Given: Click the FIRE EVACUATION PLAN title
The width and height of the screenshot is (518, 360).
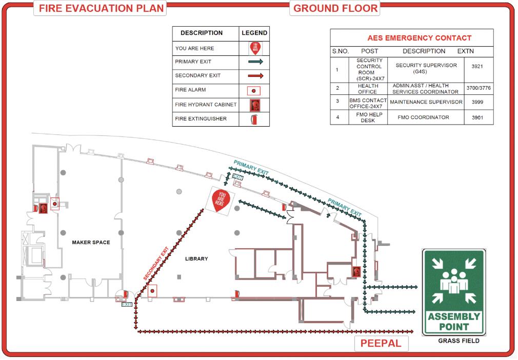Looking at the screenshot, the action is pos(102,8).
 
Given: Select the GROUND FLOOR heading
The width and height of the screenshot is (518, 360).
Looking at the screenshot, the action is pos(335,8).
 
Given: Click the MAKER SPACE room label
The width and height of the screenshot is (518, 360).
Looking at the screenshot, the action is pos(91,243).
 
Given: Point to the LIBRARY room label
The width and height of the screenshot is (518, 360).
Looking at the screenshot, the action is pos(196,259).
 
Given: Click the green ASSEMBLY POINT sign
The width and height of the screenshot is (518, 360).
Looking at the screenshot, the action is pos(453,292).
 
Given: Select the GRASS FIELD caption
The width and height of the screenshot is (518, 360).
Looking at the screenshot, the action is pos(459,341).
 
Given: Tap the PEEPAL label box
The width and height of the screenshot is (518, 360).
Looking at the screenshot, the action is pos(381,343).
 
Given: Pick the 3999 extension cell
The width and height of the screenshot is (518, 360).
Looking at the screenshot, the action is pos(479,102).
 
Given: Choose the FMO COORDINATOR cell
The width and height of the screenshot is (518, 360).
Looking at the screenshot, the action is pos(423,117).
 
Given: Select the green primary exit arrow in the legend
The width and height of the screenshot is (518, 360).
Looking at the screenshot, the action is pos(255,62).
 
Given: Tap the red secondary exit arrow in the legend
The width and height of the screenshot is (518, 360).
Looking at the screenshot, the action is pos(255,75).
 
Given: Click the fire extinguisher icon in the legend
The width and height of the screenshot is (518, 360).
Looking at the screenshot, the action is pos(255,119).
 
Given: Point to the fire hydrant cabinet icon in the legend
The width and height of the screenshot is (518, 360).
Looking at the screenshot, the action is pos(255,105).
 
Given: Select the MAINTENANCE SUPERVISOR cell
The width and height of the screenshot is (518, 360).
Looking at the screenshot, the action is pos(426,102).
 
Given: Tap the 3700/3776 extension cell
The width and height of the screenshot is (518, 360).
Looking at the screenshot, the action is pos(479,88).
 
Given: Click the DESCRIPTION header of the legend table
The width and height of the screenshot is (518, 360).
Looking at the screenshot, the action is pos(202,33).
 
